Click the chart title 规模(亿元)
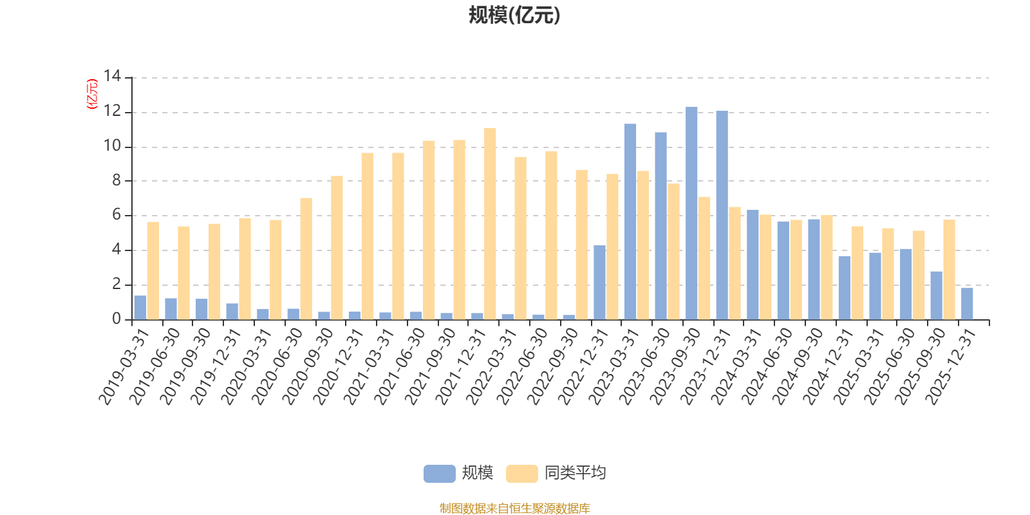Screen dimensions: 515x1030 pyautogui.click(x=514, y=15)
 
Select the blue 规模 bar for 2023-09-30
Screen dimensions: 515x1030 pyautogui.click(x=691, y=213)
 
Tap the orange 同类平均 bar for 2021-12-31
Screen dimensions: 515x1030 pyautogui.click(x=490, y=223)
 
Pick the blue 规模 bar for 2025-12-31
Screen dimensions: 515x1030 pyautogui.click(x=967, y=304)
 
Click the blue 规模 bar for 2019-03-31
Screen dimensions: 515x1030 pyautogui.click(x=140, y=308)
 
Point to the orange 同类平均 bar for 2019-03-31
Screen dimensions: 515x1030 pyautogui.click(x=153, y=270)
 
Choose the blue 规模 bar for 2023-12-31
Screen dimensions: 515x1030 pyautogui.click(x=722, y=215)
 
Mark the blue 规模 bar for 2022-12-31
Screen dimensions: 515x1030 pyautogui.click(x=599, y=283)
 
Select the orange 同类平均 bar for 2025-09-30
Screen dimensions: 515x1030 pyautogui.click(x=949, y=270)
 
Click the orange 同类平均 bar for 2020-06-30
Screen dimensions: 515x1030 pyautogui.click(x=306, y=259)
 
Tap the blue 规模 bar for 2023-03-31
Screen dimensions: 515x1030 pyautogui.click(x=630, y=221)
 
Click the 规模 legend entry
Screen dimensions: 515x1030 pyautogui.click(x=458, y=474)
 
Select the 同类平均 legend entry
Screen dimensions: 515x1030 pyautogui.click(x=556, y=474)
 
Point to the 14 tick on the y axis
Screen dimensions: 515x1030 pyautogui.click(x=112, y=77)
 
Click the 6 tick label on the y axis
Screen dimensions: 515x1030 pyautogui.click(x=116, y=216)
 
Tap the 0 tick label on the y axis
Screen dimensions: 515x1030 pyautogui.click(x=116, y=319)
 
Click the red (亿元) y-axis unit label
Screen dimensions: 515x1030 pyautogui.click(x=92, y=94)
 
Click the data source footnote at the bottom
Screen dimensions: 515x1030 pyautogui.click(x=514, y=509)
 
